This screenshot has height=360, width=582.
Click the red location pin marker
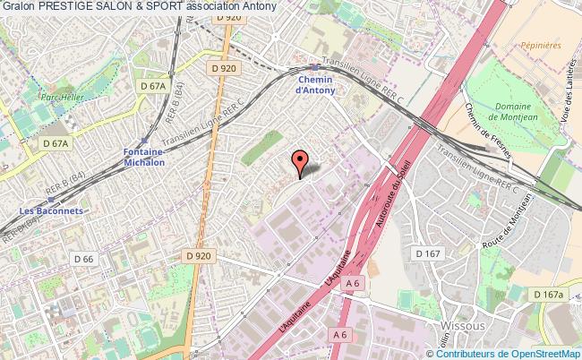click(300, 162)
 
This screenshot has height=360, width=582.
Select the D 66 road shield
click(84, 259)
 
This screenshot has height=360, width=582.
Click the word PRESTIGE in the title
click(65, 6)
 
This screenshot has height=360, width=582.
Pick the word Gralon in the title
click(18, 6)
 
